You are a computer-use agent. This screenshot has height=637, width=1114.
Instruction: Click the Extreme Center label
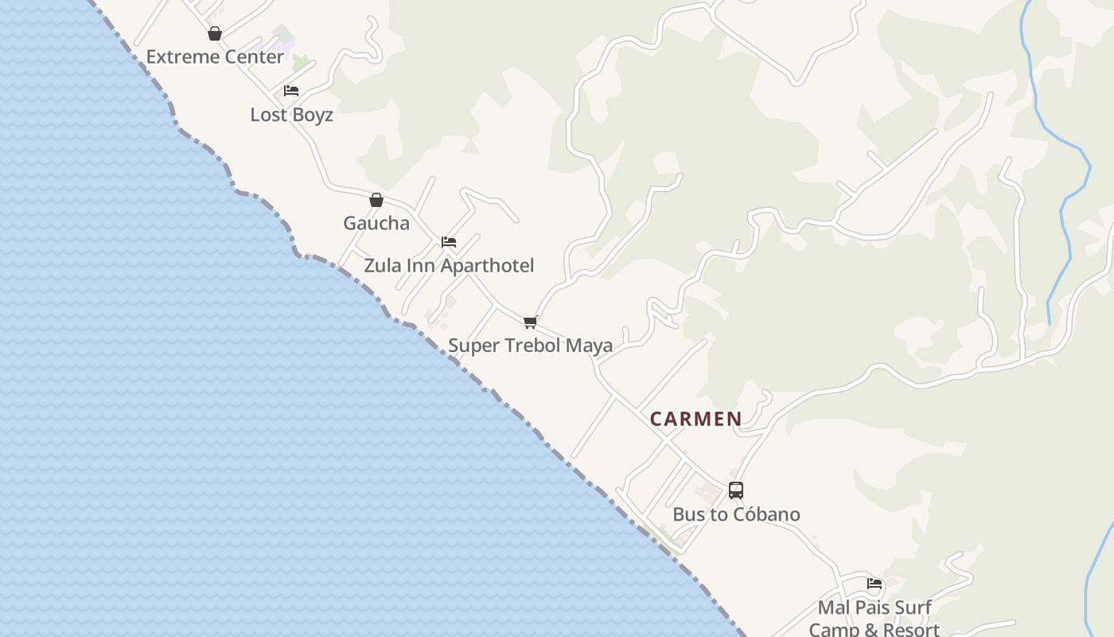[x=215, y=57]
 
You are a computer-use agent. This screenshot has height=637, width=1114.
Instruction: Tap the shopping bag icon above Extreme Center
[x=214, y=33]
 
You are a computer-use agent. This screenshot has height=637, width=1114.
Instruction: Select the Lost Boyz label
[x=291, y=115]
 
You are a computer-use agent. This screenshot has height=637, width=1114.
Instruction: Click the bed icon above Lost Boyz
[x=291, y=91]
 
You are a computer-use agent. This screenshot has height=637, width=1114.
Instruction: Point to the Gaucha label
[x=376, y=223]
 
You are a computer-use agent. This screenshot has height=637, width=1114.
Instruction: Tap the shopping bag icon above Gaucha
[x=376, y=200]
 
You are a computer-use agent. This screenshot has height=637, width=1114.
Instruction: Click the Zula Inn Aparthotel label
[x=449, y=265]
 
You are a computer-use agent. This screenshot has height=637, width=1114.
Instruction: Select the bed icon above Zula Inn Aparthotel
[x=449, y=242]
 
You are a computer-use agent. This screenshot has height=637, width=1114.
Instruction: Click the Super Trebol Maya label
[x=530, y=346]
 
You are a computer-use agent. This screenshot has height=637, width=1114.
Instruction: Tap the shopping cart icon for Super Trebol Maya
[x=530, y=322]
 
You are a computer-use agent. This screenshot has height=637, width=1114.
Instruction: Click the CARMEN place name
[x=696, y=419]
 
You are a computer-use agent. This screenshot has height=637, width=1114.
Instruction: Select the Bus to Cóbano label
[x=736, y=514]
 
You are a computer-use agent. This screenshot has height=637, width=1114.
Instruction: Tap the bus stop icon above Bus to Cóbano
[x=736, y=490]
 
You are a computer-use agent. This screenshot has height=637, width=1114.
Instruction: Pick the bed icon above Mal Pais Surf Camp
[x=874, y=584]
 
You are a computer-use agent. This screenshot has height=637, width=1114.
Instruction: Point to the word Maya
[x=591, y=346]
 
